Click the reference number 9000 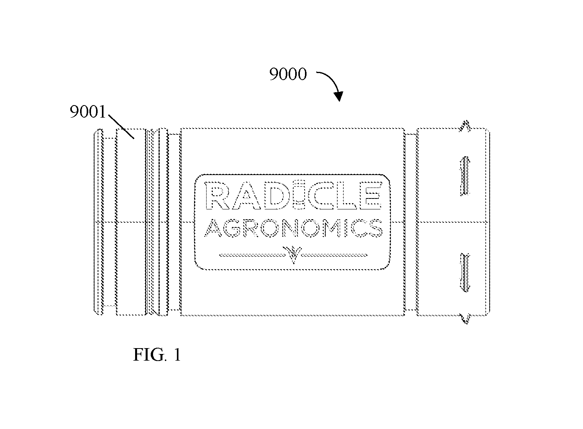(x=288, y=74)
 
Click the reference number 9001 (x=88, y=112)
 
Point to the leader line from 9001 (x=121, y=127)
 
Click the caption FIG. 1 (x=157, y=354)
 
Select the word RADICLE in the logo (x=293, y=196)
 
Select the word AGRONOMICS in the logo (x=293, y=228)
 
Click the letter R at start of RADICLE (x=217, y=196)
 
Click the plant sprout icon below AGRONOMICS (x=293, y=254)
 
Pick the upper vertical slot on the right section (x=465, y=176)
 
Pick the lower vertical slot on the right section (x=465, y=272)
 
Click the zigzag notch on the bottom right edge (x=465, y=318)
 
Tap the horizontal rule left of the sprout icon (x=252, y=255)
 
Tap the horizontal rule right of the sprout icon (x=334, y=255)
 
